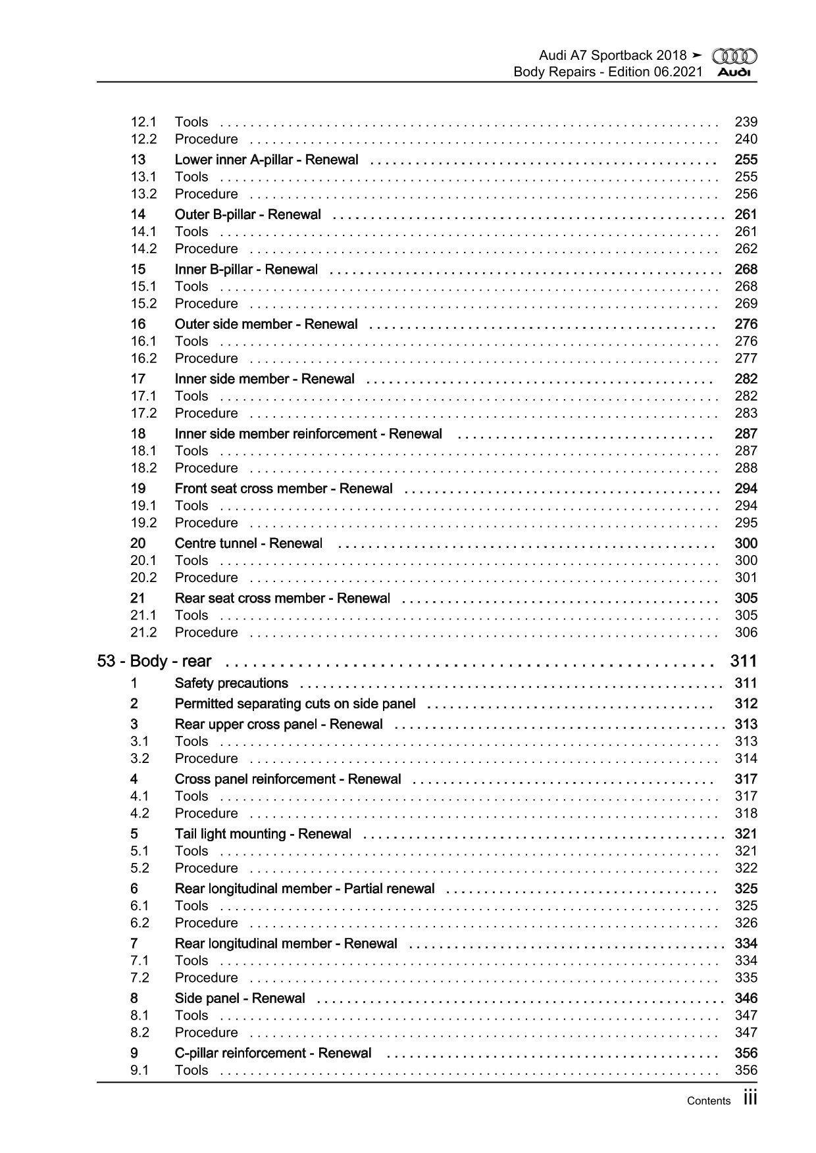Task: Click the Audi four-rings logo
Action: click(x=734, y=57)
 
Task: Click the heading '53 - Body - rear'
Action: click(x=155, y=661)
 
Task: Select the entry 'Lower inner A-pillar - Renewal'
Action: click(x=267, y=160)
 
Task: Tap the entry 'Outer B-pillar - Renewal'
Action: click(x=247, y=214)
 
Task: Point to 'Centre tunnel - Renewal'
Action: click(x=248, y=543)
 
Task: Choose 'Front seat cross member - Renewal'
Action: click(x=283, y=489)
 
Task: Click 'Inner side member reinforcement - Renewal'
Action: click(x=308, y=434)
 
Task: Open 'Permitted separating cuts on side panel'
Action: click(x=295, y=704)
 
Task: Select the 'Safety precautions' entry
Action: click(x=231, y=683)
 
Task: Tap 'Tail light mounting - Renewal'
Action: click(x=263, y=834)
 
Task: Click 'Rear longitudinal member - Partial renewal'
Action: click(x=304, y=889)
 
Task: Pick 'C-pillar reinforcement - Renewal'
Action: click(x=272, y=1053)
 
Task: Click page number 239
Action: click(x=746, y=122)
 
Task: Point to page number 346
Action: click(x=746, y=998)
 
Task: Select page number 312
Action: click(x=746, y=704)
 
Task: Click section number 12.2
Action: click(x=143, y=139)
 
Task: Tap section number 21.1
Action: click(x=143, y=615)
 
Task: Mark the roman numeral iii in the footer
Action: click(x=750, y=1098)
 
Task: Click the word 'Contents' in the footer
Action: click(x=708, y=1101)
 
